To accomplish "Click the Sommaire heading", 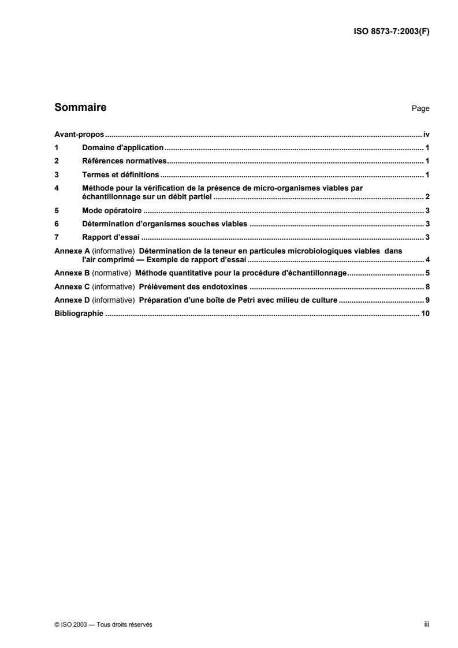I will pyautogui.click(x=80, y=107).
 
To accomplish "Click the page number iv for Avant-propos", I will pyautogui.click(x=426, y=133).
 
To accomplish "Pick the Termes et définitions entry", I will pyautogui.click(x=121, y=174).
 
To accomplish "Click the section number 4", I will pyautogui.click(x=56, y=188).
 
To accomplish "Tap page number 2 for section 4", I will pyautogui.click(x=427, y=197).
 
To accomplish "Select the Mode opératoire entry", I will pyautogui.click(x=109, y=211).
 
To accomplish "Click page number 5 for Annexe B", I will pyautogui.click(x=427, y=273).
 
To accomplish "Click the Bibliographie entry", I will pyautogui.click(x=78, y=314).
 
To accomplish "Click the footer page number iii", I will pyautogui.click(x=426, y=625).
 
